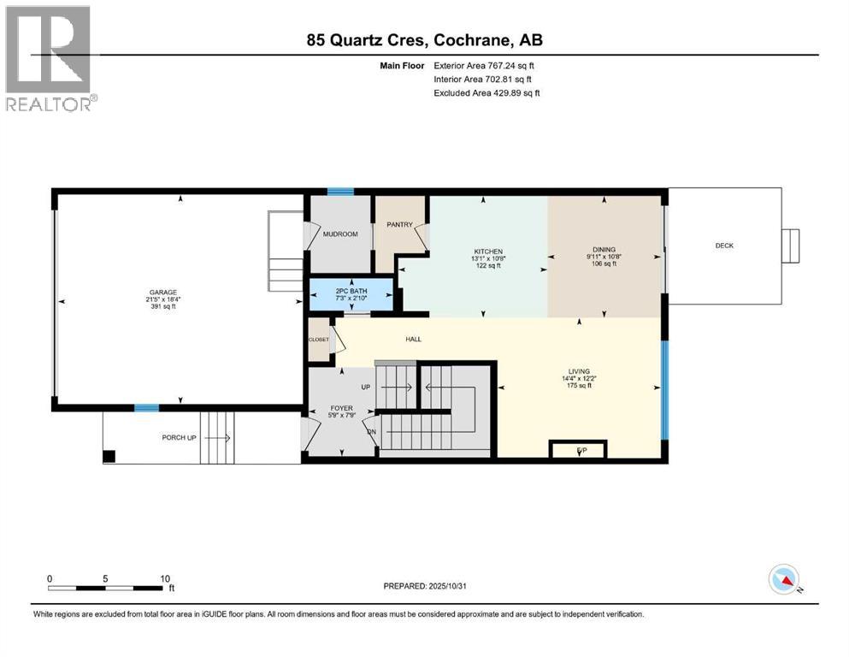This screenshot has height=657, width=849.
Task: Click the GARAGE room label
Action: (x=163, y=293)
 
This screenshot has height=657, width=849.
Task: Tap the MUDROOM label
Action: (x=340, y=234)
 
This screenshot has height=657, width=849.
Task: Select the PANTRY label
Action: (x=399, y=225)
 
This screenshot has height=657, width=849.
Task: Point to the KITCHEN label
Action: (x=486, y=252)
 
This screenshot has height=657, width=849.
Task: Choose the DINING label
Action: (x=604, y=250)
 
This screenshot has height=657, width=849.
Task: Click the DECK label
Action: (x=724, y=246)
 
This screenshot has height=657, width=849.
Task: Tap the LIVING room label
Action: (x=577, y=371)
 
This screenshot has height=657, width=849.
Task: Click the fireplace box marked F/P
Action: (x=581, y=449)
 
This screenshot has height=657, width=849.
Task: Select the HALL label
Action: (x=412, y=340)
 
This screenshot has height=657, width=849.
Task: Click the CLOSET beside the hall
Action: (x=319, y=340)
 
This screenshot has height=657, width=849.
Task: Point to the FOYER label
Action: (x=339, y=408)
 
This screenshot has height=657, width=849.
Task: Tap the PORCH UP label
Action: (x=183, y=438)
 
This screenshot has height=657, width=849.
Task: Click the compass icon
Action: (x=783, y=579)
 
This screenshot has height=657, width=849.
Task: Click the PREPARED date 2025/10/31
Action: (x=425, y=587)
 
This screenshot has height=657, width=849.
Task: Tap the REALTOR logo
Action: (x=50, y=58)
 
